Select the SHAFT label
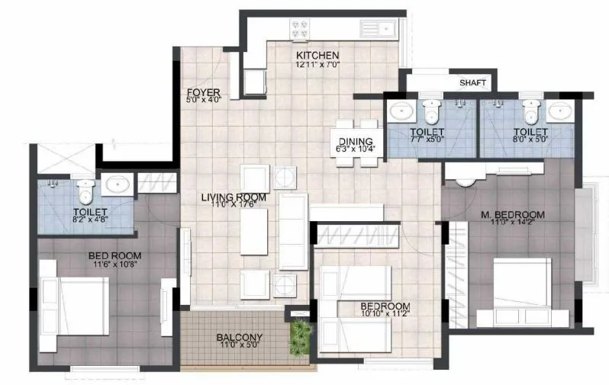point(473,83)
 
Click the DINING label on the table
point(355,141)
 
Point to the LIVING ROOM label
point(234,197)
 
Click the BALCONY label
point(240,337)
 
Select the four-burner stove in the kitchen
point(300,29)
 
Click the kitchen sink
point(379,30)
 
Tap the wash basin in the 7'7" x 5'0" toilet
point(402,112)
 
